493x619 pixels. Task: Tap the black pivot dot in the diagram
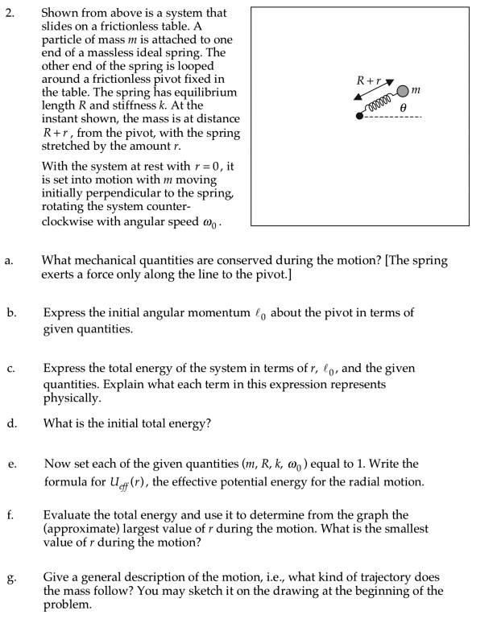pyautogui.click(x=359, y=117)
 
